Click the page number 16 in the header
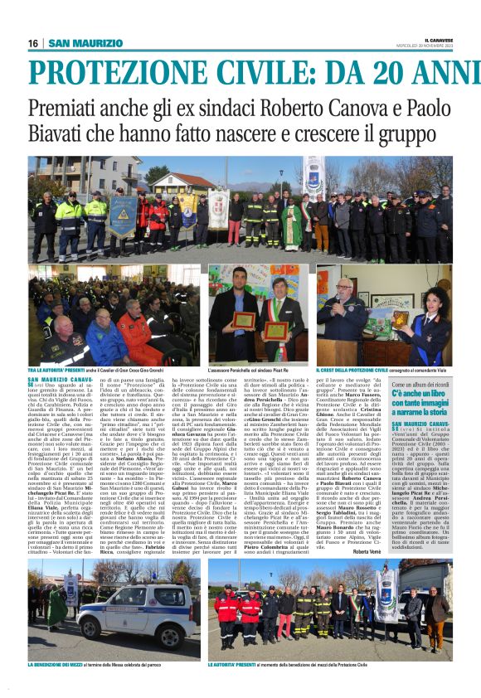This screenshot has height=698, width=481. point(33,43)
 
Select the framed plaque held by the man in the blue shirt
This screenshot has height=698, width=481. point(244,320)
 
